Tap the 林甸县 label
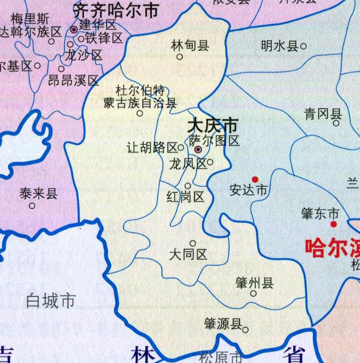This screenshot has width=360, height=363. click(190, 46)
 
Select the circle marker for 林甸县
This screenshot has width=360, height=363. click(180, 56)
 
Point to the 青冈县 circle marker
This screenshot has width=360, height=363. click(336, 123)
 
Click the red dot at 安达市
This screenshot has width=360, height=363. click(255, 179)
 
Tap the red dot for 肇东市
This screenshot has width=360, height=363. click(333, 224)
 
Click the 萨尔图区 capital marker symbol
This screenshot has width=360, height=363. click(197, 149)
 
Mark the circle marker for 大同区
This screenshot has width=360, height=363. click(193, 243)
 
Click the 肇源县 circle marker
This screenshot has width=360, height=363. click(245, 330)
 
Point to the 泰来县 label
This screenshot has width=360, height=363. click(38, 194)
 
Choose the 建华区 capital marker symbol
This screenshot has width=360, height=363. click(74, 30)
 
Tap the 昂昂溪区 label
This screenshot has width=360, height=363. click(74, 80)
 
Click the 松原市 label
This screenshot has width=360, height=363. click(221, 357)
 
